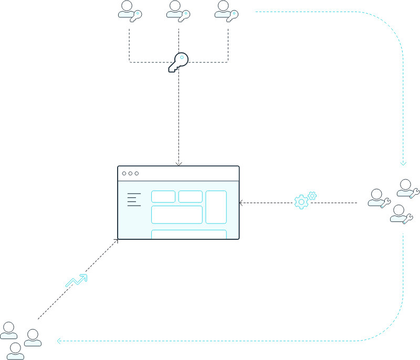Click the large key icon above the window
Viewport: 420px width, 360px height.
178,62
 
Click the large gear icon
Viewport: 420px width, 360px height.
301,202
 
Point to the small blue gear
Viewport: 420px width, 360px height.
312,195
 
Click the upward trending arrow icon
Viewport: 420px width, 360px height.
76,281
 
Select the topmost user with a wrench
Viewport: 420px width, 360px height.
407,188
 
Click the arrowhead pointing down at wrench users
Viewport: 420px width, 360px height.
403,163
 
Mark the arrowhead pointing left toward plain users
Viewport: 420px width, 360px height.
59,341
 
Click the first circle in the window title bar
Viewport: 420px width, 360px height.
124,173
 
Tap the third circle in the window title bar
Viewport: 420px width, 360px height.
136,173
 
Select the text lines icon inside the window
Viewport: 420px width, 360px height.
134,199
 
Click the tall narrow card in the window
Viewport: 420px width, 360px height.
216,207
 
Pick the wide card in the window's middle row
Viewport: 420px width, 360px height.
177,215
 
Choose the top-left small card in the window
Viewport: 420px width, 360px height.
163,197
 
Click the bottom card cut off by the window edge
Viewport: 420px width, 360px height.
189,234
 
